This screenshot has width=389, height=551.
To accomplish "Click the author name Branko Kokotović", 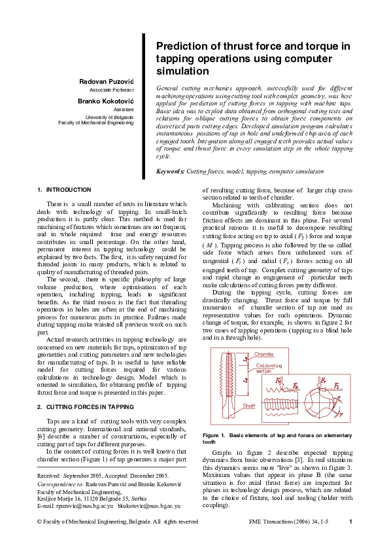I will click(106, 101).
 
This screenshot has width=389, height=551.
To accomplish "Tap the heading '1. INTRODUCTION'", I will click(65, 190).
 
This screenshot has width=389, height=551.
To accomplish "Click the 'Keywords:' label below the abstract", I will click(171, 171).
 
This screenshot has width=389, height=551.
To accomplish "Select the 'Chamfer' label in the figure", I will click(264, 354).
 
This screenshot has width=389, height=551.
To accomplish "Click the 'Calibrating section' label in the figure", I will click(268, 368).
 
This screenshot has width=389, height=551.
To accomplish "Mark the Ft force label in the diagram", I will click(279, 380).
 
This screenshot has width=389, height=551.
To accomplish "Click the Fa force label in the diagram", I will click(296, 387).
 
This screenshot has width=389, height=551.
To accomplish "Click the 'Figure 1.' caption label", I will click(214, 435).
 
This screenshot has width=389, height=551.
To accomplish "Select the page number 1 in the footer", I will click(351, 522).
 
